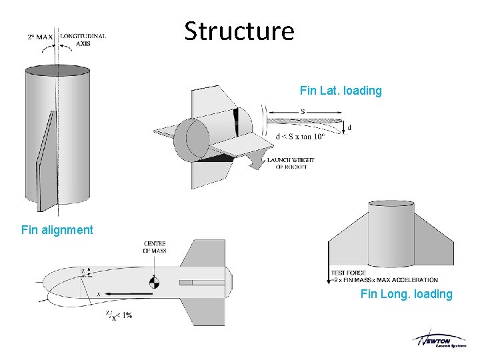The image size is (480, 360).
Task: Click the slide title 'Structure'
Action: [x=239, y=31]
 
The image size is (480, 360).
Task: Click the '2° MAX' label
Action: [x=41, y=37]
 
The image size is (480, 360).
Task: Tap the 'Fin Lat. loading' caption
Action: [x=341, y=91]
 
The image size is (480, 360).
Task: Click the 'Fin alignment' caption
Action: [x=57, y=230]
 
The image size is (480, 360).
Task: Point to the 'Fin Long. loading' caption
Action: [x=406, y=294]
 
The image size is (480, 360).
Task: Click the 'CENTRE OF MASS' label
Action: [x=155, y=247]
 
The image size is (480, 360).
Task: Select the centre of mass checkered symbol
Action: [x=155, y=282]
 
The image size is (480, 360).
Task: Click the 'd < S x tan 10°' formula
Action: [x=300, y=137]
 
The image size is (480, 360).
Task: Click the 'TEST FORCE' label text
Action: [x=349, y=273]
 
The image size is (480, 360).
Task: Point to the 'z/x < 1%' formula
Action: [x=117, y=315]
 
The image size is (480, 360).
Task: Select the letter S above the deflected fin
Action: [x=303, y=111]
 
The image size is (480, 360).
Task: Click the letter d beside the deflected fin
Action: [x=349, y=127]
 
